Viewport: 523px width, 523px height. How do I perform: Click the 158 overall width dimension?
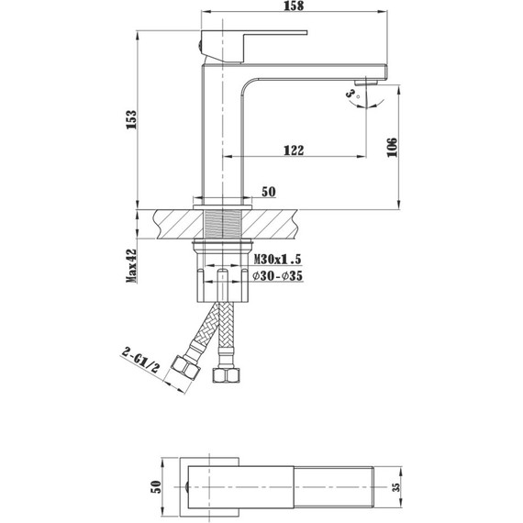pyautogui.click(x=295, y=6)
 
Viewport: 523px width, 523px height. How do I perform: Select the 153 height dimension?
pyautogui.click(x=132, y=119)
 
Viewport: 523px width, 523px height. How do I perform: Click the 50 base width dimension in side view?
pyautogui.click(x=269, y=192)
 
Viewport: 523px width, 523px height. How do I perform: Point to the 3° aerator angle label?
pyautogui.click(x=351, y=93)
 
